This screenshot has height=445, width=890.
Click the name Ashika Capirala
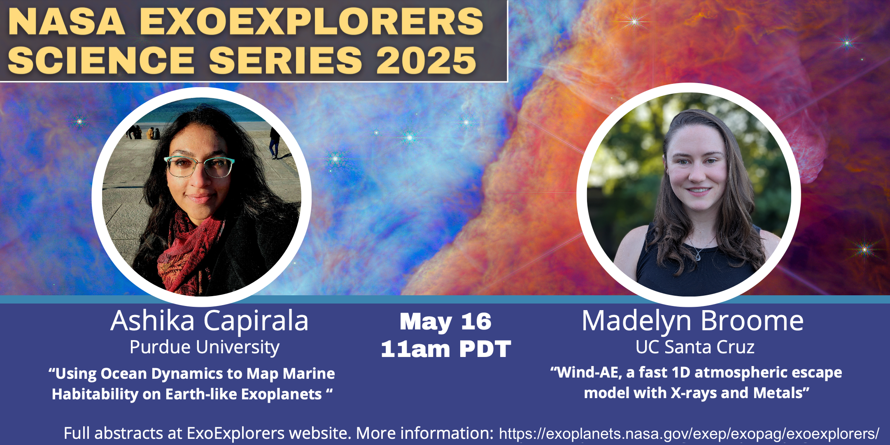pyautogui.click(x=210, y=321)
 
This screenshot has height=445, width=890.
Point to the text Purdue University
pyautogui.click(x=205, y=348)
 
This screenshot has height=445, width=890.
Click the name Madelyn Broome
pyautogui.click(x=692, y=321)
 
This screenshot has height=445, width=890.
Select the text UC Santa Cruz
pyautogui.click(x=695, y=347)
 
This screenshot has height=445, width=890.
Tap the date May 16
pyautogui.click(x=445, y=322)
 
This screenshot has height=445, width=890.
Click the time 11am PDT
pyautogui.click(x=446, y=349)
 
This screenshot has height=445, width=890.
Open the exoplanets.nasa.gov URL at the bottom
pyautogui.click(x=689, y=433)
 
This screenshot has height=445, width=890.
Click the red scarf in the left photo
pyautogui.click(x=187, y=251)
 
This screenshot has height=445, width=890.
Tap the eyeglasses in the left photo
pyautogui.click(x=199, y=167)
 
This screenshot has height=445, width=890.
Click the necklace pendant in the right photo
pyautogui.click(x=698, y=257)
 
